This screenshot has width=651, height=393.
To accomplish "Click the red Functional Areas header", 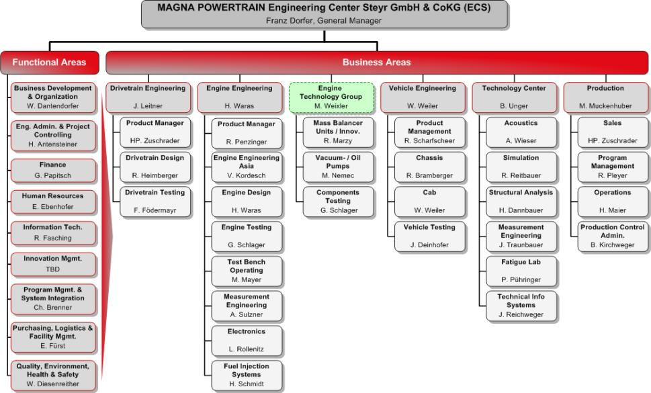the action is [50, 62].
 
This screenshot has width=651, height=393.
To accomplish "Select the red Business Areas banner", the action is [377, 62].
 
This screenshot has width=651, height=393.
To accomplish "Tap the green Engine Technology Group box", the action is [331, 97].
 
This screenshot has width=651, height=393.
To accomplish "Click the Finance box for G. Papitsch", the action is [53, 170].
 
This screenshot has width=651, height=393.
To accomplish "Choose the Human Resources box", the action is [53, 202].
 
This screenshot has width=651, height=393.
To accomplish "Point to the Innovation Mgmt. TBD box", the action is [53, 265].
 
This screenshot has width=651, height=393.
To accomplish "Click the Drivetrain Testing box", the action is [155, 202].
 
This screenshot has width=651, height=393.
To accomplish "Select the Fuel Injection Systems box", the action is [247, 375].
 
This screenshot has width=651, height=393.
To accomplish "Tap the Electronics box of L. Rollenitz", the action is [247, 341].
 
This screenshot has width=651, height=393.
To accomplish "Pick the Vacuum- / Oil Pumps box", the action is [338, 167].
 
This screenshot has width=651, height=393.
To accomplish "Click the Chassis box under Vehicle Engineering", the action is [430, 167].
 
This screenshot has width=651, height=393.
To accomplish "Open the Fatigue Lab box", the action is [521, 271].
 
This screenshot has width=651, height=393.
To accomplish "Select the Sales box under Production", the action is [613, 132].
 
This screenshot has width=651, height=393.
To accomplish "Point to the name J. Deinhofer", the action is [430, 245].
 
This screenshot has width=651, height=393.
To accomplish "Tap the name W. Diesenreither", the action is [52, 384].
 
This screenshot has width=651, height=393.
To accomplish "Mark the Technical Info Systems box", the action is [521, 306].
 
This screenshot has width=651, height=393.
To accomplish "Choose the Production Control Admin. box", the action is [613, 236].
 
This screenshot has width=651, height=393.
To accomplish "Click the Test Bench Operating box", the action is [247, 271].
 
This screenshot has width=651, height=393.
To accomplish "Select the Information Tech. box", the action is [53, 233].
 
